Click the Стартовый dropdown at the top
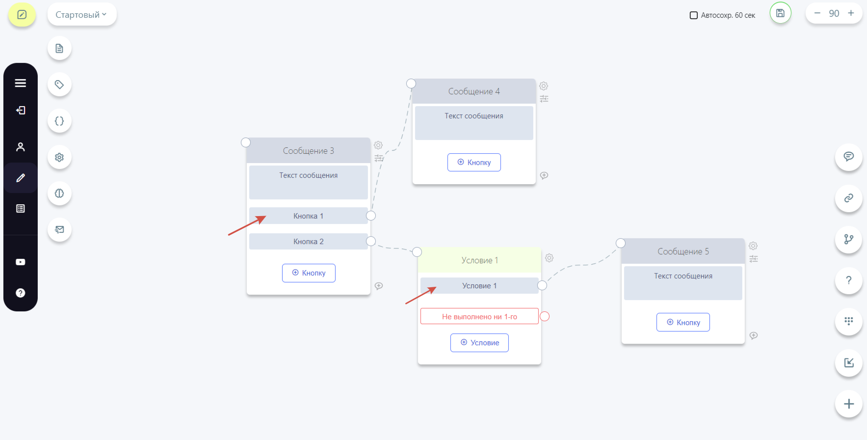pyautogui.click(x=81, y=15)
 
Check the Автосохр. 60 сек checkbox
pyautogui.click(x=694, y=15)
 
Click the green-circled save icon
pyautogui.click(x=780, y=13)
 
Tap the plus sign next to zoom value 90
pyautogui.click(x=851, y=13)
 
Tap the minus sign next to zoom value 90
pyautogui.click(x=817, y=13)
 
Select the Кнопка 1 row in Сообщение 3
pyautogui.click(x=308, y=216)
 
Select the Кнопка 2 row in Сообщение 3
pyautogui.click(x=308, y=242)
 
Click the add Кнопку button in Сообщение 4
pyautogui.click(x=474, y=163)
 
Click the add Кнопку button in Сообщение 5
pyautogui.click(x=683, y=323)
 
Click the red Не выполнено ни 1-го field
pyautogui.click(x=479, y=317)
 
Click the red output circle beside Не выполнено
pyautogui.click(x=545, y=317)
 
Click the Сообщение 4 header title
pyautogui.click(x=474, y=91)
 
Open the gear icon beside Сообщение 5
pyautogui.click(x=753, y=246)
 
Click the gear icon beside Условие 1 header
pyautogui.click(x=549, y=258)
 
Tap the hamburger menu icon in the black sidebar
pyautogui.click(x=21, y=83)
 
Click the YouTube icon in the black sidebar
pyautogui.click(x=21, y=262)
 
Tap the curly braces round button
pyautogui.click(x=59, y=121)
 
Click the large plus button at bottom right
pyautogui.click(x=849, y=404)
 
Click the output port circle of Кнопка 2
pyautogui.click(x=371, y=241)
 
